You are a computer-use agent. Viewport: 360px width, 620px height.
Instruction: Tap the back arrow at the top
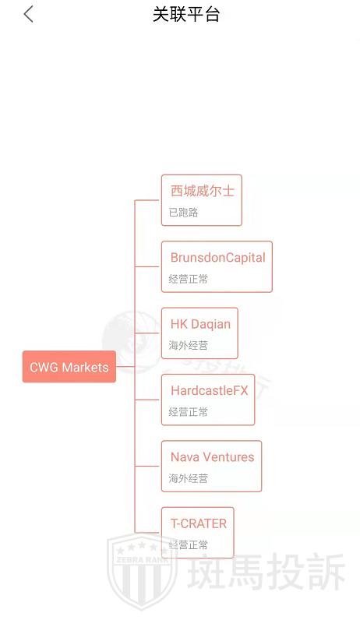click(x=29, y=15)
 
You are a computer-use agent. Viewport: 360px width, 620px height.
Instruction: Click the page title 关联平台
click(x=186, y=15)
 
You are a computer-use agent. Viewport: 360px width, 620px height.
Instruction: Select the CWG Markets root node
click(x=69, y=367)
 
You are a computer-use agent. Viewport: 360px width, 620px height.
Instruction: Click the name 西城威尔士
click(x=203, y=191)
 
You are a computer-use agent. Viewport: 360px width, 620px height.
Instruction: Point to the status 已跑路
click(x=183, y=213)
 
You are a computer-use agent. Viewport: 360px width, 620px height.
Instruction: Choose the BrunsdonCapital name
click(x=218, y=257)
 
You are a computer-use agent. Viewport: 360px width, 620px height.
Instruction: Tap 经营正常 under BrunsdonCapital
click(x=188, y=279)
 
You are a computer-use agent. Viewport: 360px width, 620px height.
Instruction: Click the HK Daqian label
click(x=200, y=324)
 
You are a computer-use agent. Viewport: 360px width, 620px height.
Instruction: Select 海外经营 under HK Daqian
click(x=188, y=345)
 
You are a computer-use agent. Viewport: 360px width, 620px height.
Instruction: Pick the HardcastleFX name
click(x=210, y=391)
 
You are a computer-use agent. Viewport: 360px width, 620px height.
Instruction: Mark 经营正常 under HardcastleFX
click(x=188, y=411)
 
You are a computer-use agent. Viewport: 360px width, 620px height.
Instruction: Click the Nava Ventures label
click(x=213, y=457)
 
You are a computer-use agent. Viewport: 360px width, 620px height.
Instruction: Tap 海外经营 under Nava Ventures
click(x=188, y=478)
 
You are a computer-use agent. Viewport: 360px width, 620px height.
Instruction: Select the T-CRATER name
click(x=199, y=523)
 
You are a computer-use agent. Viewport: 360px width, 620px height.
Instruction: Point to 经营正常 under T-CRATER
click(x=188, y=544)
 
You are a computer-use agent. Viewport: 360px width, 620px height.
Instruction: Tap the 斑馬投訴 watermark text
click(x=266, y=571)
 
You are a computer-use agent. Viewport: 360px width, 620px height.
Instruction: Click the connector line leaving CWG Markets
click(x=125, y=367)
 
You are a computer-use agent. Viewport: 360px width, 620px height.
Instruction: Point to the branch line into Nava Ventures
click(x=148, y=467)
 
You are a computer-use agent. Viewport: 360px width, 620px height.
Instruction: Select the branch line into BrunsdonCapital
click(x=148, y=266)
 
